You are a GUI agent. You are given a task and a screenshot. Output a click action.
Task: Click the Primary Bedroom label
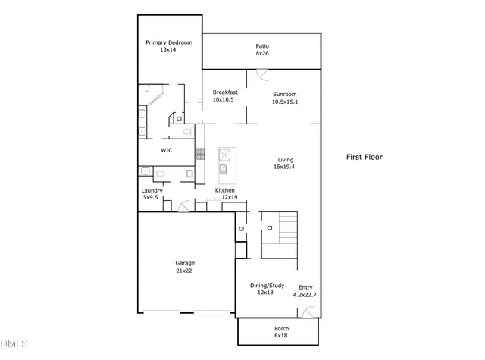[x=168, y=46]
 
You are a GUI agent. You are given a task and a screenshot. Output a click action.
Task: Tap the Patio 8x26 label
[x=262, y=50]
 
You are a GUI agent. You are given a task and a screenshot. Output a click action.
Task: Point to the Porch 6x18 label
[x=281, y=332]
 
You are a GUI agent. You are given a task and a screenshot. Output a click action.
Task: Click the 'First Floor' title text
[x=365, y=158]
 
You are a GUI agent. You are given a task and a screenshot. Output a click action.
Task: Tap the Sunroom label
[x=285, y=98]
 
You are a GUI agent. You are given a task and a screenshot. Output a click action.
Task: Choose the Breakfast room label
[x=225, y=96]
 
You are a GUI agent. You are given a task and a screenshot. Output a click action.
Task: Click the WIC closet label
[x=167, y=150]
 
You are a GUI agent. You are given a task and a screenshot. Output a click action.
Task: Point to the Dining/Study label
[x=267, y=289]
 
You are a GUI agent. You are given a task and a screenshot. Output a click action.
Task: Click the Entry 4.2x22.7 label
[x=305, y=290]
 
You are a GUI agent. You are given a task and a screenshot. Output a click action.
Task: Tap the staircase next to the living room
[x=286, y=227]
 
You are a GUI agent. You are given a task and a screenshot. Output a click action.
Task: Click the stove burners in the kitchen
[x=200, y=153]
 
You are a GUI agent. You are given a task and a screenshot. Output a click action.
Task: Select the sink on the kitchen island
[x=224, y=168]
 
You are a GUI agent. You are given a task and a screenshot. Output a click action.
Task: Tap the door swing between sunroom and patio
[x=261, y=74]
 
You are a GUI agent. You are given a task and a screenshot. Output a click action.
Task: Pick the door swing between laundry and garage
[x=184, y=205]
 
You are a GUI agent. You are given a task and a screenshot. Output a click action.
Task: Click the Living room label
[x=285, y=163]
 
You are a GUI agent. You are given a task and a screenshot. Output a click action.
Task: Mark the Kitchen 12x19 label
[x=227, y=193]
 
